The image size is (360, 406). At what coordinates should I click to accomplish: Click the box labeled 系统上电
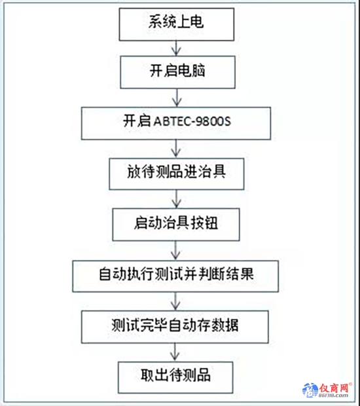tap(177, 24)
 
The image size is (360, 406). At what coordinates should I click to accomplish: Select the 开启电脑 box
tap(177, 72)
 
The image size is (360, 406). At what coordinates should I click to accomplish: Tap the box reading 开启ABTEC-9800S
tap(176, 124)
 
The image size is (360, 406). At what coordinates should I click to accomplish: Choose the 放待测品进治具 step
tap(177, 174)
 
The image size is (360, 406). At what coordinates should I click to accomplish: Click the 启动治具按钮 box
tap(176, 225)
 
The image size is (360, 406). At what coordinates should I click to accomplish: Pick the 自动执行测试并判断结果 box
tap(175, 276)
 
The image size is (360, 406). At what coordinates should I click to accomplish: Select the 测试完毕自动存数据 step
tap(175, 327)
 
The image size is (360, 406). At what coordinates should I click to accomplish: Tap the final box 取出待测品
tap(175, 377)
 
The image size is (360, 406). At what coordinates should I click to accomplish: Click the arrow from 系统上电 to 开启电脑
tap(177, 48)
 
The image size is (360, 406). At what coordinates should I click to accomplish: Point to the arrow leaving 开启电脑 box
tap(177, 98)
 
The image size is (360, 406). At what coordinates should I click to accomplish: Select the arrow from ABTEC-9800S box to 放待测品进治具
tap(176, 149)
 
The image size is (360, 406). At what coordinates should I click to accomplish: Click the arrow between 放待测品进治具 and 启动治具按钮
tap(177, 199)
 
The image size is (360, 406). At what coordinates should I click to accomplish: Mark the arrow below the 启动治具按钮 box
tap(175, 251)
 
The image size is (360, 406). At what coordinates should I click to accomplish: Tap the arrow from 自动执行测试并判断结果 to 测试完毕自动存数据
tap(175, 302)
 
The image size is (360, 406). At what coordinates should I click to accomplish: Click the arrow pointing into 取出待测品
tap(175, 352)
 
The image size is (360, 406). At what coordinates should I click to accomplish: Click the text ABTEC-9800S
tap(192, 121)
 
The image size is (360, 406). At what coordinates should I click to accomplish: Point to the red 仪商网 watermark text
tap(334, 388)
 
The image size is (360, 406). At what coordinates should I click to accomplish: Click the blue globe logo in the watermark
tap(310, 390)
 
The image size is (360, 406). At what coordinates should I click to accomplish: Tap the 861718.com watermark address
tap(333, 396)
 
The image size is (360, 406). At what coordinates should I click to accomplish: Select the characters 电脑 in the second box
tap(191, 71)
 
